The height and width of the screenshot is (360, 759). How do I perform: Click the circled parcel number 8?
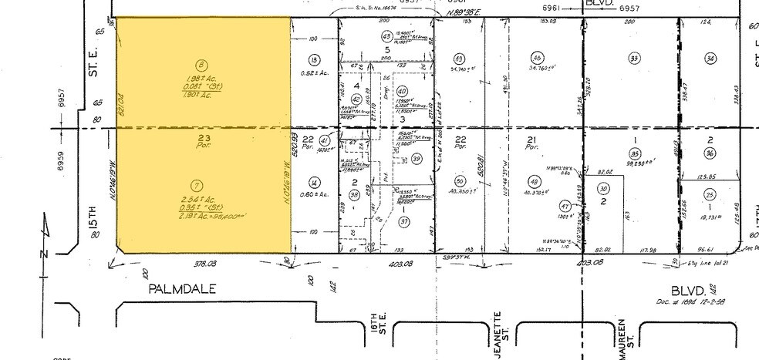coord(201,65)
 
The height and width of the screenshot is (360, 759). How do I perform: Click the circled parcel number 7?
coord(201,185)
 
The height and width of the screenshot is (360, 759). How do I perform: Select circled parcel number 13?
coord(313,60)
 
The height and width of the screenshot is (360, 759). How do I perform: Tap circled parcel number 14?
coord(313,182)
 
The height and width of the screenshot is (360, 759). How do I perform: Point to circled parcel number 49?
coord(460,59)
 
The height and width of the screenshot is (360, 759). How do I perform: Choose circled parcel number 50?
coord(460,180)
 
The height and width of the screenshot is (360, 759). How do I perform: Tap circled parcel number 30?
coord(604,189)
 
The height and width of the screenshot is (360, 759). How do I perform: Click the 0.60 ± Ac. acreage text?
coord(313,193)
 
